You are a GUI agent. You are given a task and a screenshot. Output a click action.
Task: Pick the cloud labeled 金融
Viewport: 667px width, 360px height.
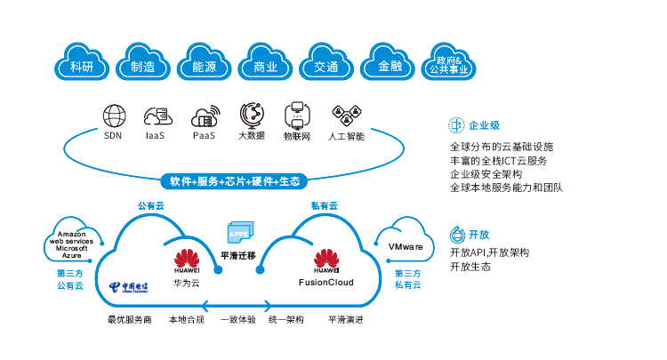tap(390, 64)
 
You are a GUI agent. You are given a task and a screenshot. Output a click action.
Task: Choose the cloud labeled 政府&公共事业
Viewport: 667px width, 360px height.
tap(452, 63)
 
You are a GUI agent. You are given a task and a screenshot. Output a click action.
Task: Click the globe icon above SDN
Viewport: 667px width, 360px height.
tap(113, 116)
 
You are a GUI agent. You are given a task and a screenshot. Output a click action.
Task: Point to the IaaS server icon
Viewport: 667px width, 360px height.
tap(157, 116)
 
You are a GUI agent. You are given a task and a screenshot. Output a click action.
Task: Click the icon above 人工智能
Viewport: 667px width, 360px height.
tap(345, 115)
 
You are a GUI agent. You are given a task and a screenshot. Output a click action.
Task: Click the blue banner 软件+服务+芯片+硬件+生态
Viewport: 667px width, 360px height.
tap(236, 181)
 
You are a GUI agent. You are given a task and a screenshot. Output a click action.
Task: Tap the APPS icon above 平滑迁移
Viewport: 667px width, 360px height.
tap(238, 232)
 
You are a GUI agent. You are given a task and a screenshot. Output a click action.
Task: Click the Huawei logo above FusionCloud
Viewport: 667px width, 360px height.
tap(325, 261)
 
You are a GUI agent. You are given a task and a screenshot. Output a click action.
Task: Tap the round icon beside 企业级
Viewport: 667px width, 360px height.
tap(455, 124)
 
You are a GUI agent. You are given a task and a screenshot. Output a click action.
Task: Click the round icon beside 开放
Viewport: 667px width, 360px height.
tap(455, 235)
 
